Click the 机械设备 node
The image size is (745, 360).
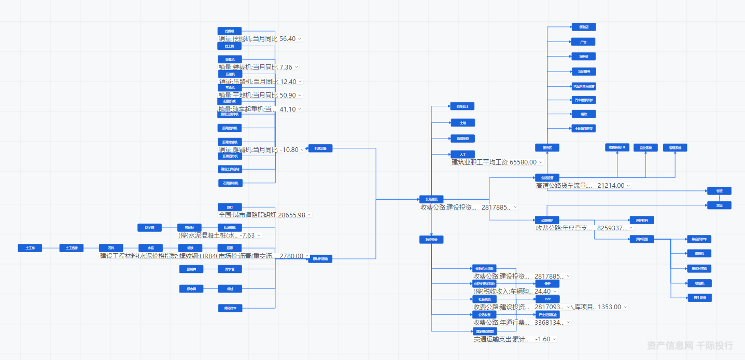[320, 148]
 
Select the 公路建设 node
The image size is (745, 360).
[431, 199]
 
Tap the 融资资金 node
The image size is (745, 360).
[431, 240]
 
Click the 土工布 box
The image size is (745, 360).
[30, 248]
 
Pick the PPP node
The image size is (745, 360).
[547, 299]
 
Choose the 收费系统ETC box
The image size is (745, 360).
[617, 148]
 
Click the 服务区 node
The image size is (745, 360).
[547, 148]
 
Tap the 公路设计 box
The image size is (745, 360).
[462, 106]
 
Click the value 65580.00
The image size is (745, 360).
[523, 162]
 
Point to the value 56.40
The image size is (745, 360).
[287, 39]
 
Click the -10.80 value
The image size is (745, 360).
[289, 150]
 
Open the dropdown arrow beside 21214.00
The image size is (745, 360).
[629, 186]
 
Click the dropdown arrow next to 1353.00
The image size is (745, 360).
[625, 307]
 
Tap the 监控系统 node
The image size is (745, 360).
[645, 148]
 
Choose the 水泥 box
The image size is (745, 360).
[150, 248]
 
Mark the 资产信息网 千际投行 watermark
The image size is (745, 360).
[690, 345]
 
